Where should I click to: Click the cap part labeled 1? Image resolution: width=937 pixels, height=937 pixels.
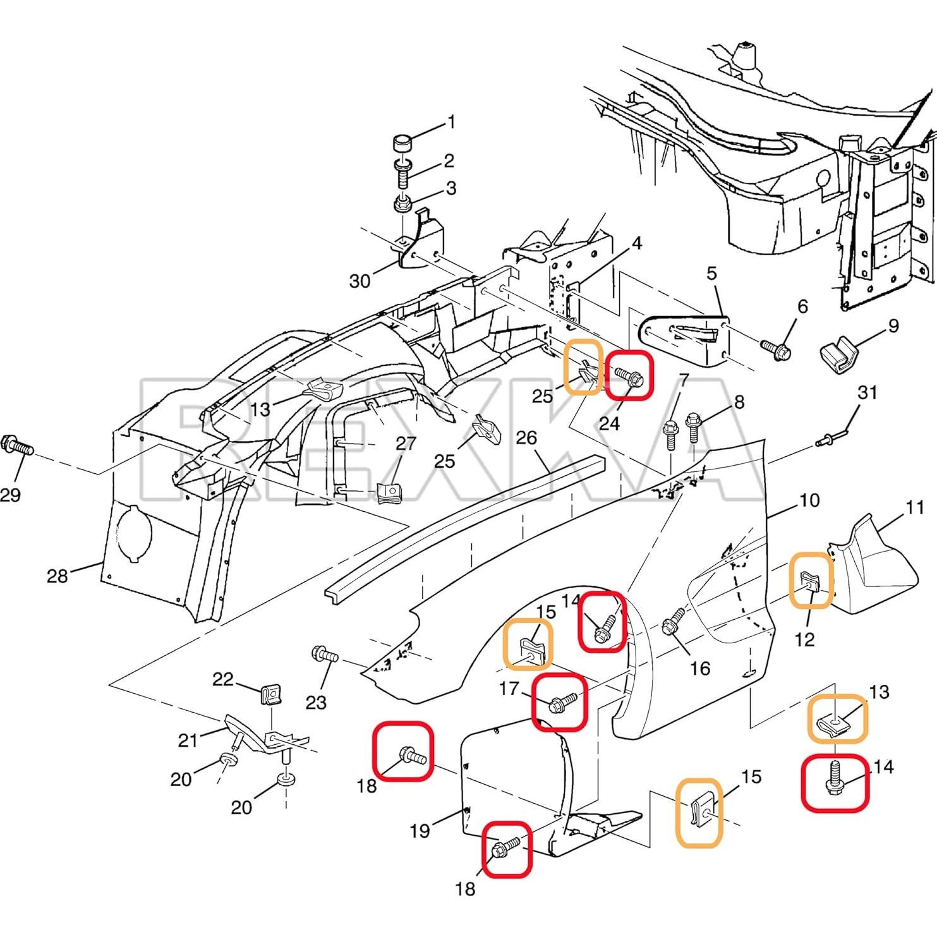click(402, 143)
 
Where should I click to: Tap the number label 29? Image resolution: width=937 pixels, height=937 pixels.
click(10, 495)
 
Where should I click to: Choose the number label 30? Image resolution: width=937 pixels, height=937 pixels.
click(360, 281)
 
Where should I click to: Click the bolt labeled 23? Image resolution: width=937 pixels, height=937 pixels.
click(325, 655)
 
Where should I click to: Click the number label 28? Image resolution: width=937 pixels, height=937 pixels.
click(57, 576)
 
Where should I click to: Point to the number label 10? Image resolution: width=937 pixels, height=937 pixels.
click(809, 500)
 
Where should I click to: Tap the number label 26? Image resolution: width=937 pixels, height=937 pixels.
click(526, 437)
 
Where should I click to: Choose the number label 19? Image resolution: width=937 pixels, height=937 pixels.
click(420, 830)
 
